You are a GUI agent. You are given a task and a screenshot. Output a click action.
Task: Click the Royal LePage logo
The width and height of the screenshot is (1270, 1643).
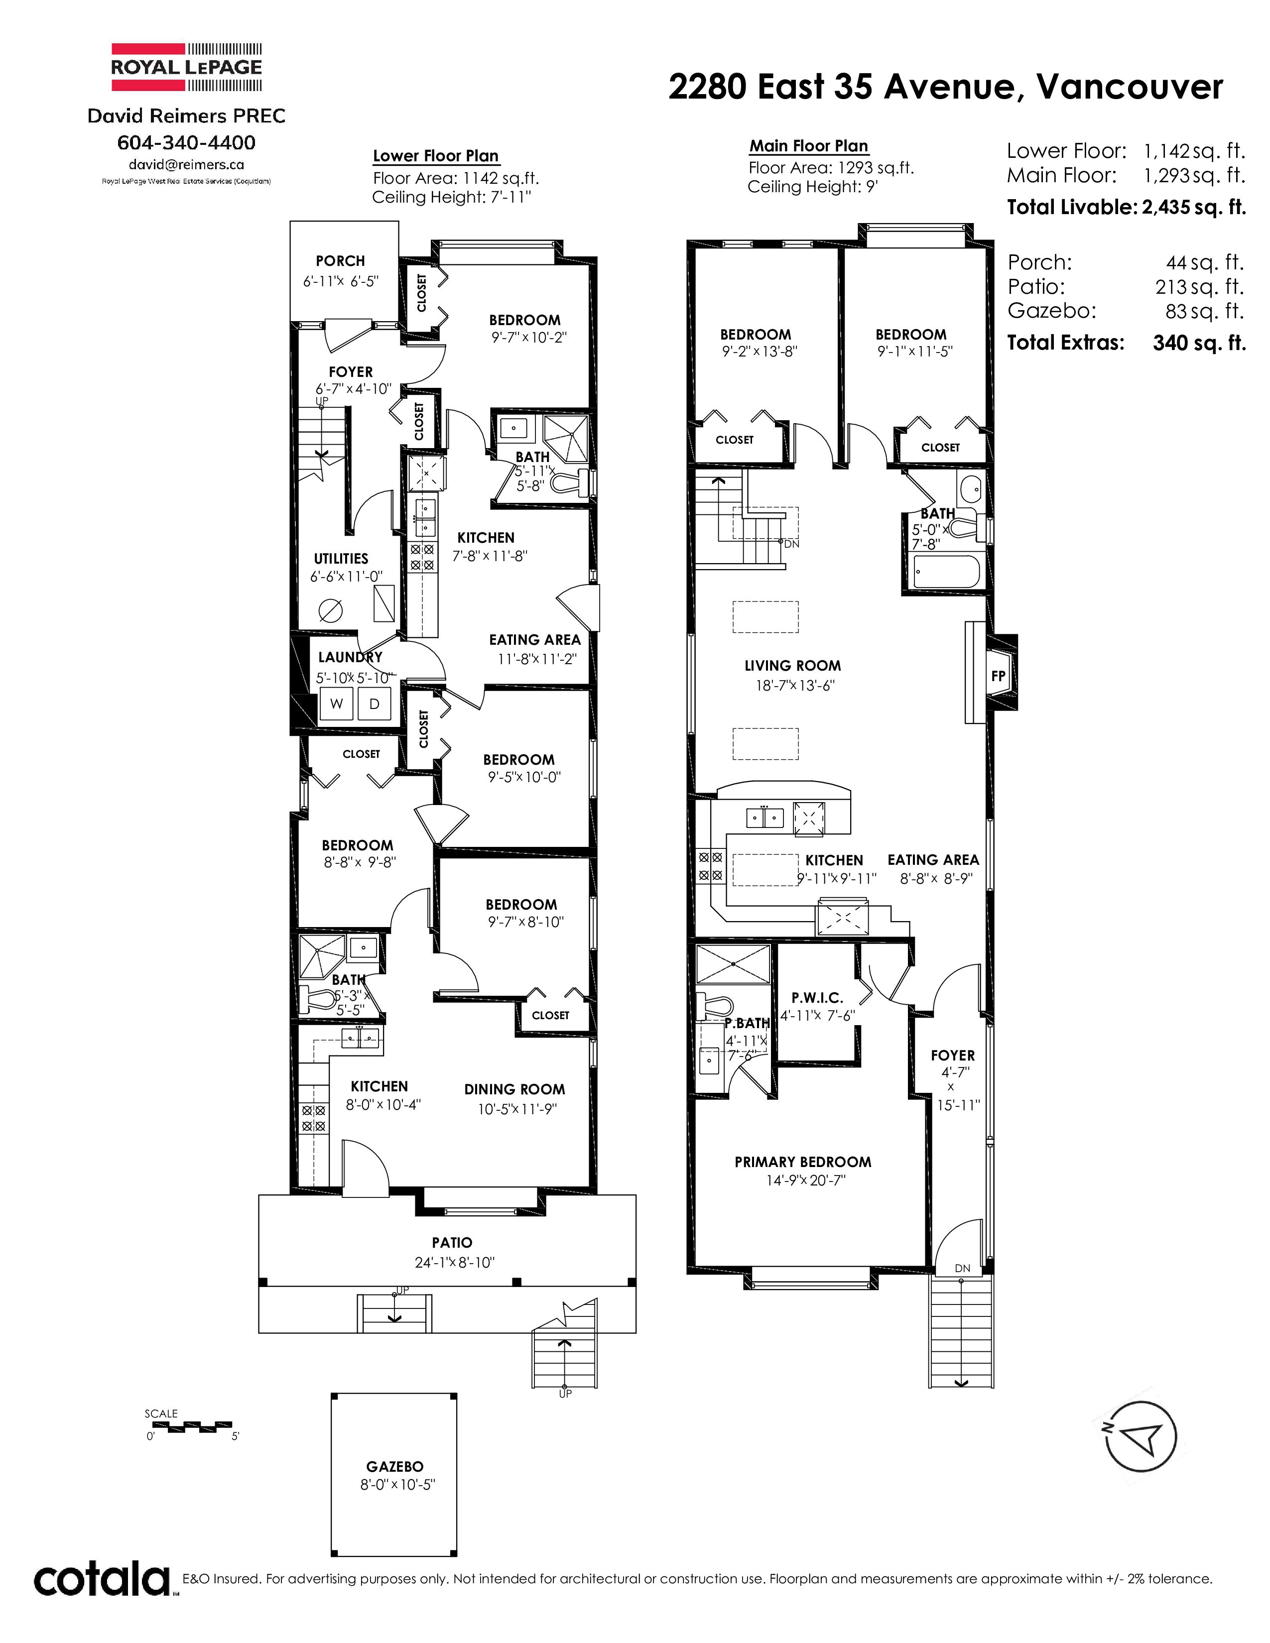[187, 67]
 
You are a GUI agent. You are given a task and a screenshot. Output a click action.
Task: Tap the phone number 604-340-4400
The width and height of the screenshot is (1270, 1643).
[187, 142]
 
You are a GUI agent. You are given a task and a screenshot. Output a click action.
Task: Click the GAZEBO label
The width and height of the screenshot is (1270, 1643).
[394, 1466]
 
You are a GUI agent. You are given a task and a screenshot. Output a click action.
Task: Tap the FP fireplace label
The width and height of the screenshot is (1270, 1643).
[999, 676]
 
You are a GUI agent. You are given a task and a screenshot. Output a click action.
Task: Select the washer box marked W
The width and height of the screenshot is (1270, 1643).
[336, 704]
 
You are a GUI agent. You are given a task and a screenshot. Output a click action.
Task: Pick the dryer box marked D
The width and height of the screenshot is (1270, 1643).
[375, 704]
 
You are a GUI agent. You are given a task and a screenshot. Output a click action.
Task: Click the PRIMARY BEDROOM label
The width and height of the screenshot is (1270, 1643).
[803, 1162]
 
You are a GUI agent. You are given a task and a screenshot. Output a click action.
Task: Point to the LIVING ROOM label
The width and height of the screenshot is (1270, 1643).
[792, 666]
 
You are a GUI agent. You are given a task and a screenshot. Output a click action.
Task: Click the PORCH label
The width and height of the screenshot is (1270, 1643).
[340, 261]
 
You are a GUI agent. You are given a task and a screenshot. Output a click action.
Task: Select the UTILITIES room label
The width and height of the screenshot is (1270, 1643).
[341, 558]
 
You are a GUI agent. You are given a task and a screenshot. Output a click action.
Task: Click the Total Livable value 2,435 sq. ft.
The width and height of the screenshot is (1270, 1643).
[1194, 207]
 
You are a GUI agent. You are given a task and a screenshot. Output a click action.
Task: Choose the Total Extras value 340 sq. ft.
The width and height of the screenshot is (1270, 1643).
[1199, 343]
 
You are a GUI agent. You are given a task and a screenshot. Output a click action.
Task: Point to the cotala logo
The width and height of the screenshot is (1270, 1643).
[102, 1579]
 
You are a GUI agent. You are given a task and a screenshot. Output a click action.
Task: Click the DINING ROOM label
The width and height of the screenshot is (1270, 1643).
[514, 1089]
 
